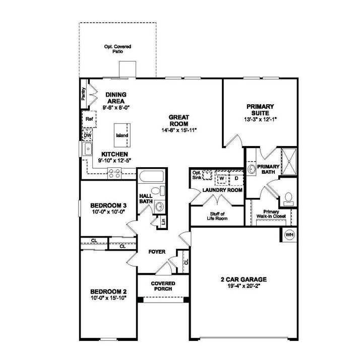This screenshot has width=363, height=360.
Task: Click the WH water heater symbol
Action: pyautogui.click(x=289, y=235)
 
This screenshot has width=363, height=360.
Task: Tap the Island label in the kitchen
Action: pyautogui.click(x=122, y=135)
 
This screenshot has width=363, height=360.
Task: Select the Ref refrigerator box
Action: pyautogui.click(x=89, y=120)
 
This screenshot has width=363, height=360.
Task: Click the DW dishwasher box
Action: pyautogui.click(x=87, y=135)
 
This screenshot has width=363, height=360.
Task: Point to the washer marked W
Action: pyautogui.click(x=221, y=178)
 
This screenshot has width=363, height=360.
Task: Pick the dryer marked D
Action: pyautogui.click(x=235, y=178)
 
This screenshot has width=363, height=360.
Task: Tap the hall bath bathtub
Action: pyautogui.click(x=151, y=178)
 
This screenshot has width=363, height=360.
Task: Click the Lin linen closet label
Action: pyautogui.click(x=164, y=221)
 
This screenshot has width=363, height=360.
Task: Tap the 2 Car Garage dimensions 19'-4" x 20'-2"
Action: pyautogui.click(x=243, y=286)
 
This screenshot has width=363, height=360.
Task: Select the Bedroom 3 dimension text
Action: pyautogui.click(x=107, y=212)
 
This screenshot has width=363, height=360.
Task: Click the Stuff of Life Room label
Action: pyautogui.click(x=217, y=216)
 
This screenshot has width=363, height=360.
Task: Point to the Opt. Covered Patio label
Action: pyautogui.click(x=117, y=49)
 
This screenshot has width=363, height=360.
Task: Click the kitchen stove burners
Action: pyautogui.click(x=114, y=174)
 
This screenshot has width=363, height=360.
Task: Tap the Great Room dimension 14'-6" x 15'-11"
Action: pyautogui.click(x=179, y=129)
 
